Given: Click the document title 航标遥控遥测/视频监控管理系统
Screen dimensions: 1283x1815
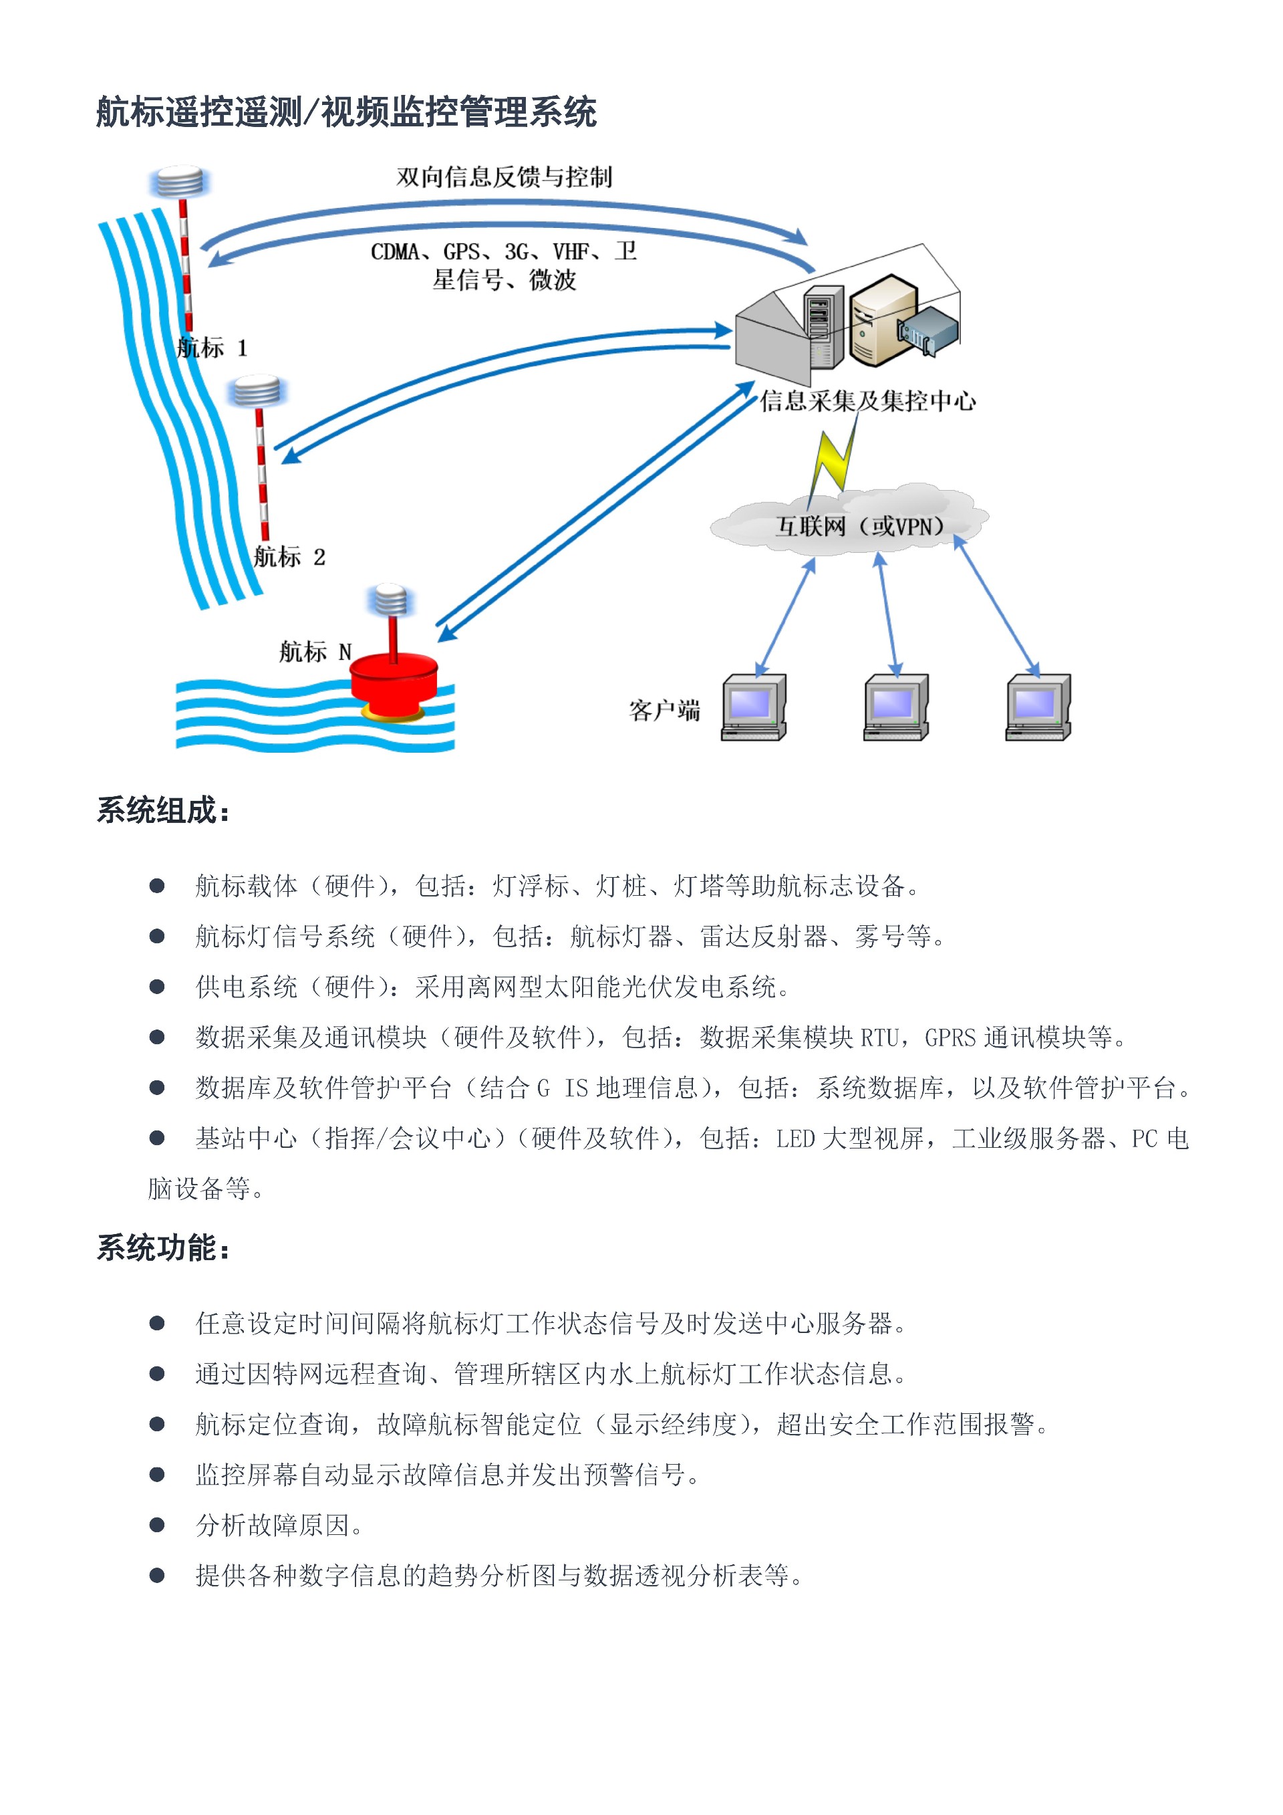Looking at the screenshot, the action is (x=346, y=112).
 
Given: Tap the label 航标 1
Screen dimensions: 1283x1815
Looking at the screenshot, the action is (x=212, y=348).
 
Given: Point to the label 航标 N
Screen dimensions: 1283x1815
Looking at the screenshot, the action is (x=315, y=652).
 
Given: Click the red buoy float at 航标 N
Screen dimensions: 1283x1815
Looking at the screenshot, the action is (x=394, y=684).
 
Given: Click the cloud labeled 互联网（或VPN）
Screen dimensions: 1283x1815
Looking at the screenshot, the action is (x=850, y=521).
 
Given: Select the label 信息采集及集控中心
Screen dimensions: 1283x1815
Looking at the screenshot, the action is (x=867, y=401).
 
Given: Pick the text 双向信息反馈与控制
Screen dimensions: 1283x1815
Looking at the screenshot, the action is (x=504, y=177).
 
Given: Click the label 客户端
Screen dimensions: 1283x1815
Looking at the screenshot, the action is (x=664, y=710).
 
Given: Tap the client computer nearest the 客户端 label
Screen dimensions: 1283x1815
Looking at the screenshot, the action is (x=754, y=707).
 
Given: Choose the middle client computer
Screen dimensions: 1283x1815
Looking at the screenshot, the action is (x=896, y=707).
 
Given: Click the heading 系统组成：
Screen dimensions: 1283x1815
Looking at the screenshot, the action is (x=164, y=810).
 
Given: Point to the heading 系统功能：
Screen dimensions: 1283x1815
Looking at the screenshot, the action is (x=164, y=1248).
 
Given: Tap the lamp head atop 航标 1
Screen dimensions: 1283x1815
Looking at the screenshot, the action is (x=180, y=182).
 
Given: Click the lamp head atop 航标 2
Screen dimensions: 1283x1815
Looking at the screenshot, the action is (x=255, y=391).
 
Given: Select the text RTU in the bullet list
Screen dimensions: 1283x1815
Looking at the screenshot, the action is (x=879, y=1037).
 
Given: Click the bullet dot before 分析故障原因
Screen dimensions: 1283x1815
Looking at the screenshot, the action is (x=157, y=1524).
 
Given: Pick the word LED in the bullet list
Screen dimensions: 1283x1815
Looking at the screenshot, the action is (x=796, y=1138).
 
